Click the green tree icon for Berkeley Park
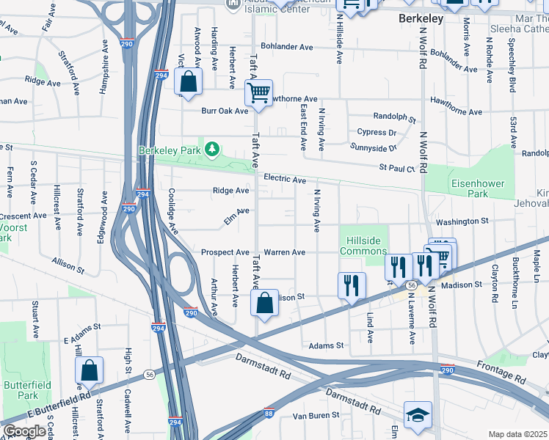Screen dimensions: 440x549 click(212, 150)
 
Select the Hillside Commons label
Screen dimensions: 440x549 click(363, 245)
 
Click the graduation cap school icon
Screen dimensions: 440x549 click(418, 415)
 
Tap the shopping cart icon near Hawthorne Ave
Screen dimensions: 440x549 click(258, 93)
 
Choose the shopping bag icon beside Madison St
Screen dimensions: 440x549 click(264, 304)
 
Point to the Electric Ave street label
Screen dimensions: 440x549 click(284, 180)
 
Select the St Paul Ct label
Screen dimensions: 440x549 click(397, 168)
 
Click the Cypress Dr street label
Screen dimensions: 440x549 click(376, 133)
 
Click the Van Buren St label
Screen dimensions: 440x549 click(316, 415)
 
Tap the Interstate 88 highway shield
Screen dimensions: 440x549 click(269, 413)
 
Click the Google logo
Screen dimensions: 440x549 click(24, 431)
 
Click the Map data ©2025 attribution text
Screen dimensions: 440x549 click(517, 434)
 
